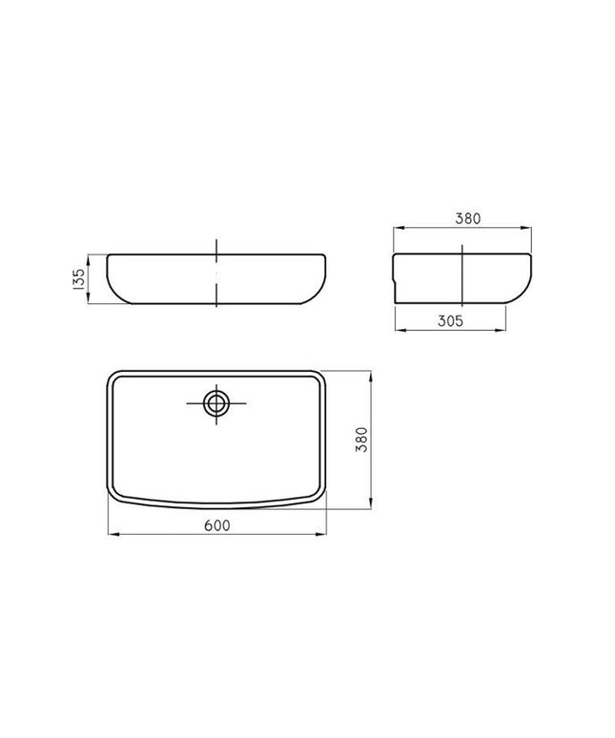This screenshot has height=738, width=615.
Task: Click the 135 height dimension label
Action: pyautogui.click(x=79, y=278)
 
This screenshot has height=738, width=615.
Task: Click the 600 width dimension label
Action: pyautogui.click(x=217, y=525)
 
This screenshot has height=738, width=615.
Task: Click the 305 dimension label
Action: pyautogui.click(x=450, y=321)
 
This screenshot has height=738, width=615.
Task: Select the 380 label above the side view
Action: pyautogui.click(x=468, y=218)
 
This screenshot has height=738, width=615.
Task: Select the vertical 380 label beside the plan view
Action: pyautogui.click(x=361, y=440)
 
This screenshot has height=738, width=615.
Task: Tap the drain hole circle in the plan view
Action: pyautogui.click(x=216, y=404)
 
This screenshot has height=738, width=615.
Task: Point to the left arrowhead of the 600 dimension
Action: pyautogui.click(x=113, y=534)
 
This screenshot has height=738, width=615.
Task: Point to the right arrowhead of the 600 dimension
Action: pyautogui.click(x=321, y=534)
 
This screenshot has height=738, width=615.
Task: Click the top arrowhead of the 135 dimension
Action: pyautogui.click(x=88, y=259)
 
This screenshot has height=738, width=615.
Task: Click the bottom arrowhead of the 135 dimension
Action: pyautogui.click(x=88, y=298)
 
